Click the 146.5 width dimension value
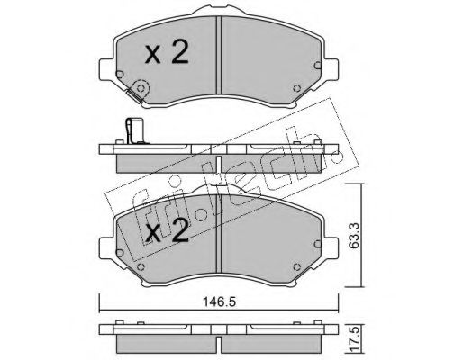pos(219,301)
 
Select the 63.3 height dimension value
pos(354,235)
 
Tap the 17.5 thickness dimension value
pos(355,340)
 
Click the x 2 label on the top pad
pos(167,52)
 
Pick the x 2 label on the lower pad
pos(167,230)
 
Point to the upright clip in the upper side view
pos(133,130)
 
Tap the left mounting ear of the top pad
pos(107,69)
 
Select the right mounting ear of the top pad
pos(331,69)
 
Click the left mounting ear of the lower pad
pos(107,247)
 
